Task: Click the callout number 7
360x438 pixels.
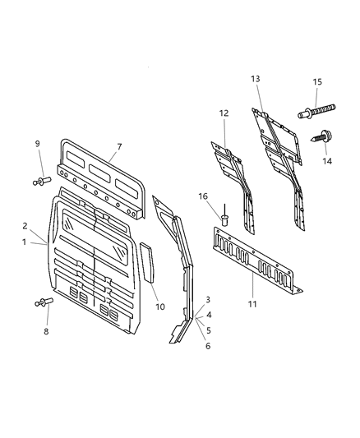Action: (x=119, y=147)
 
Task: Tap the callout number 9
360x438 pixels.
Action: (x=37, y=145)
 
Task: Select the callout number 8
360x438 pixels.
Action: (x=46, y=331)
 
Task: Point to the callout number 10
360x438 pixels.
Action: (x=161, y=307)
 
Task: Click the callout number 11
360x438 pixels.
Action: (x=253, y=304)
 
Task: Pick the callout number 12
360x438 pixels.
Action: (x=224, y=113)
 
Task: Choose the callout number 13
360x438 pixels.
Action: (x=256, y=79)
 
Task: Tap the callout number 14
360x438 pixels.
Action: (x=327, y=162)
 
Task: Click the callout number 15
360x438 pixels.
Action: (x=317, y=82)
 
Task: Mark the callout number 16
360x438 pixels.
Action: (x=203, y=196)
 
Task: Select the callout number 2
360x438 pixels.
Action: (x=25, y=225)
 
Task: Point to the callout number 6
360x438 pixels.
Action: (x=208, y=346)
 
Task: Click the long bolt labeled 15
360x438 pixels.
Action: (x=321, y=108)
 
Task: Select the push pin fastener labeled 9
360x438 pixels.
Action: (x=41, y=179)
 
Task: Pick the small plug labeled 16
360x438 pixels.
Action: (x=222, y=218)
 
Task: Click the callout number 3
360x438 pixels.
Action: (x=208, y=299)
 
